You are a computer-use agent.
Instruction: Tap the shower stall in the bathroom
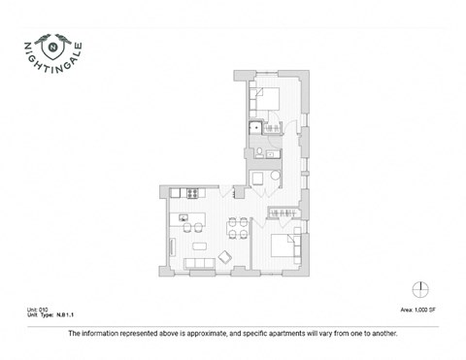[255, 128]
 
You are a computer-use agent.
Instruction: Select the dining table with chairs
[237, 230]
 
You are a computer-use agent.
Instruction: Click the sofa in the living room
[200, 264]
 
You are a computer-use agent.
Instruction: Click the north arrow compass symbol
[420, 288]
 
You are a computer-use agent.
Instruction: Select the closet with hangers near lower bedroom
[283, 211]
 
